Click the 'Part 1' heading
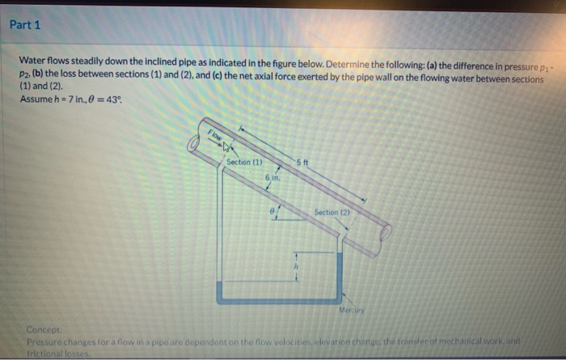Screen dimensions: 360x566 [x=25, y=25]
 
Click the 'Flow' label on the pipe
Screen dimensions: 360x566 [x=215, y=137]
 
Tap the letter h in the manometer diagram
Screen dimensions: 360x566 [x=296, y=265]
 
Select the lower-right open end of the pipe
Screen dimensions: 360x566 [x=386, y=235]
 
